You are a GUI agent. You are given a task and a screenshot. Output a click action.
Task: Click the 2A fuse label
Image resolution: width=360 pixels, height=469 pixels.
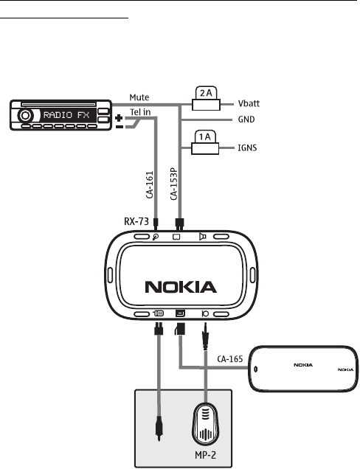[x=206, y=93]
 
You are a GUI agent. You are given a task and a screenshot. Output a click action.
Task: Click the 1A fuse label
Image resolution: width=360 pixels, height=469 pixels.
[x=205, y=136]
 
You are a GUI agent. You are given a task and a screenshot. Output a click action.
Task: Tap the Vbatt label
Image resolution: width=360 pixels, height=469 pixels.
[x=249, y=103]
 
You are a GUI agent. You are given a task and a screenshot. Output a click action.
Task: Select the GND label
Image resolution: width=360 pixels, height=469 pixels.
[x=246, y=119]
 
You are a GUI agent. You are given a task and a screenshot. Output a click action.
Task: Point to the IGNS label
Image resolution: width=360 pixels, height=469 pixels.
[x=247, y=147]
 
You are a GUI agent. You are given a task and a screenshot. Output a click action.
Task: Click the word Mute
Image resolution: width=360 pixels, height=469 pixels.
[x=139, y=97]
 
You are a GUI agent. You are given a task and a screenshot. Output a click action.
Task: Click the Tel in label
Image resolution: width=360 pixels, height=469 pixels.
[x=140, y=112]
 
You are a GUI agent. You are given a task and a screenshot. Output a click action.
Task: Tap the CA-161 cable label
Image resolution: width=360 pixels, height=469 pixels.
[x=150, y=184]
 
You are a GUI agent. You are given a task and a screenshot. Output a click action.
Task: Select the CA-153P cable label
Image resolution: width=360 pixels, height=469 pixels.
[x=173, y=184]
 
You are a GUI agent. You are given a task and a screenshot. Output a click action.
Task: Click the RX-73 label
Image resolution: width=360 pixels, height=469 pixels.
[x=136, y=221]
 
